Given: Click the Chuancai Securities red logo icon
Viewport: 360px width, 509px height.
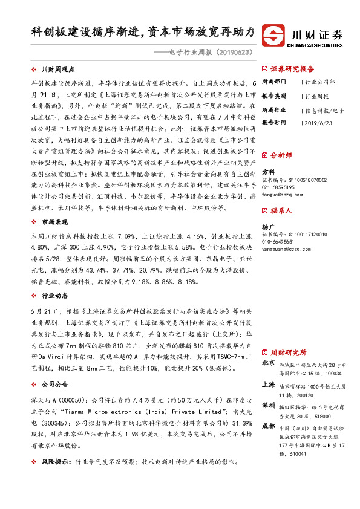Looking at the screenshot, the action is click(278, 34).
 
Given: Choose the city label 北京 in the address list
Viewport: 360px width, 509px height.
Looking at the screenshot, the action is click(268, 363).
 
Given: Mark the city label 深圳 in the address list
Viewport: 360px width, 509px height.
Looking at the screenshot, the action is click(268, 404).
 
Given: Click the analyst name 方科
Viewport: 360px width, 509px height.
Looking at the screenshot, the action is click(267, 172).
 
